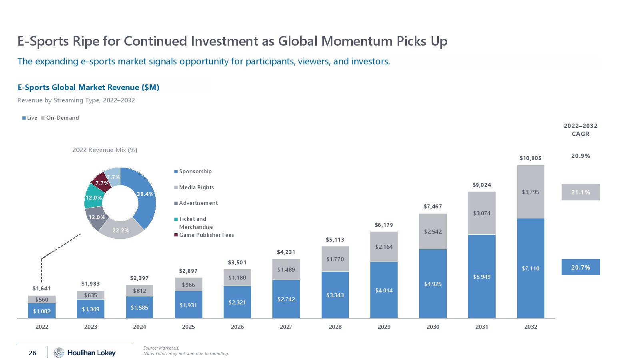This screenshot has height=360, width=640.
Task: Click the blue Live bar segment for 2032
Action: point(530,268)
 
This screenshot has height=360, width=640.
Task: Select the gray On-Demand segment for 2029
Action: point(384,247)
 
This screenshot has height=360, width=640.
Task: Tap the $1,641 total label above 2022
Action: point(42,288)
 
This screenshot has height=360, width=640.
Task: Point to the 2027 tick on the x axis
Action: point(286,327)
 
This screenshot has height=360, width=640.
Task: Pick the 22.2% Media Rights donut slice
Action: point(120,230)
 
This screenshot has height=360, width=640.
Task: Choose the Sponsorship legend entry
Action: point(195,171)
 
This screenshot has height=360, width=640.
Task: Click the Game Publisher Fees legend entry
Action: point(206,235)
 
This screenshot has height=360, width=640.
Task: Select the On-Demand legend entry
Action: point(62,118)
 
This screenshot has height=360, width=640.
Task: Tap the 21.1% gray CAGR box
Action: point(580,192)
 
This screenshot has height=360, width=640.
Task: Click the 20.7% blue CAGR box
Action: point(580,267)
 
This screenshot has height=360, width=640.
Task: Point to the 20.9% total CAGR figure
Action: point(580,156)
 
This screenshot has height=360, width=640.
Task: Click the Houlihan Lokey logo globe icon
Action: point(59,352)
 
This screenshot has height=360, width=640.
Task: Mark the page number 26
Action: point(32,353)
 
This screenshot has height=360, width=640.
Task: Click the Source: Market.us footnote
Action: point(161,348)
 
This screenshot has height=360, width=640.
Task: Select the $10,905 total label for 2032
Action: point(530,158)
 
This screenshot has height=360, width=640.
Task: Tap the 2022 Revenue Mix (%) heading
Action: point(105,150)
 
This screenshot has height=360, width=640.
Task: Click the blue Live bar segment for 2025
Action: point(188,305)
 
